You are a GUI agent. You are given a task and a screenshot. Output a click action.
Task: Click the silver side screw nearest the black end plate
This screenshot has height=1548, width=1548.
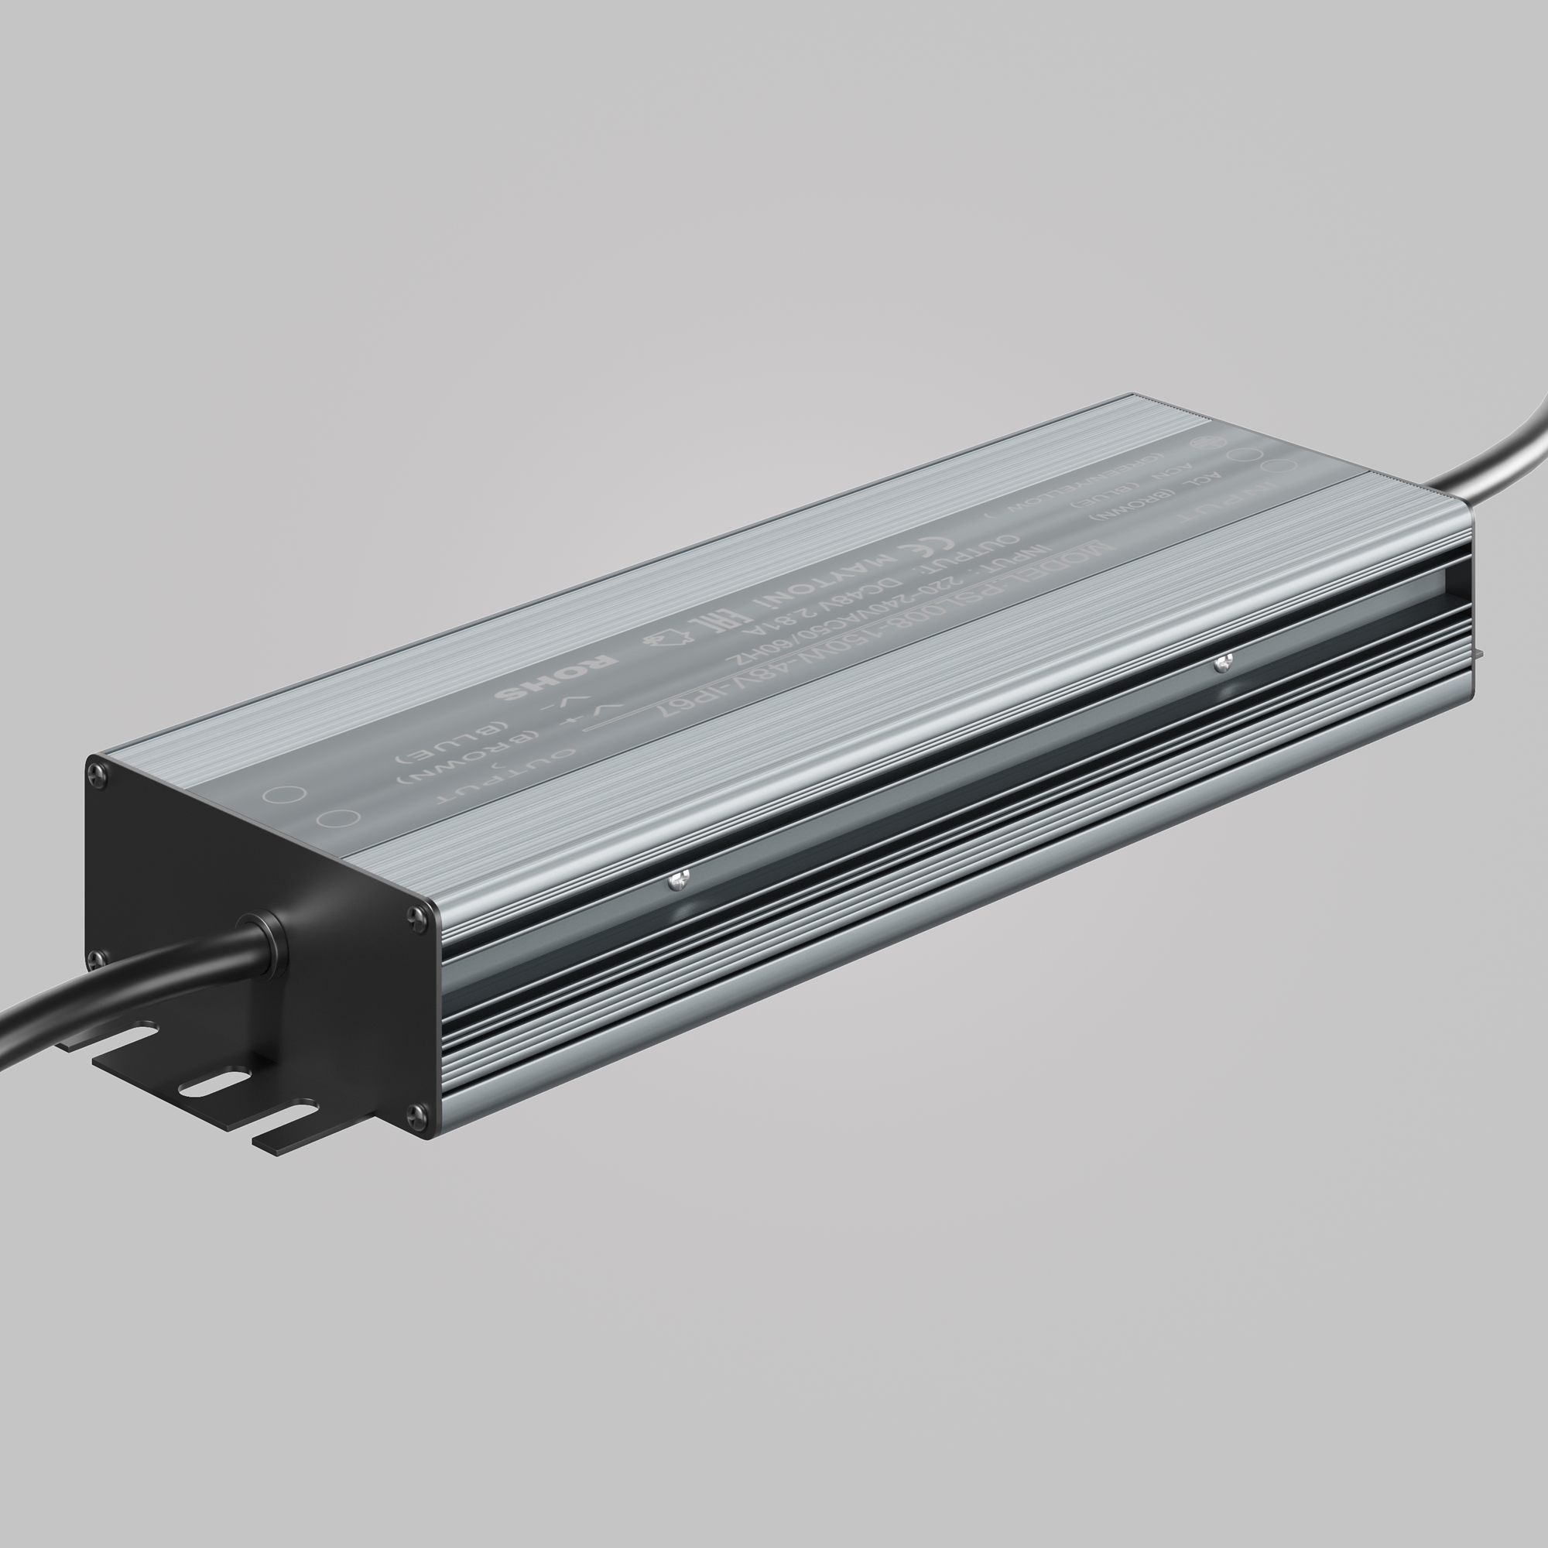[678, 880]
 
